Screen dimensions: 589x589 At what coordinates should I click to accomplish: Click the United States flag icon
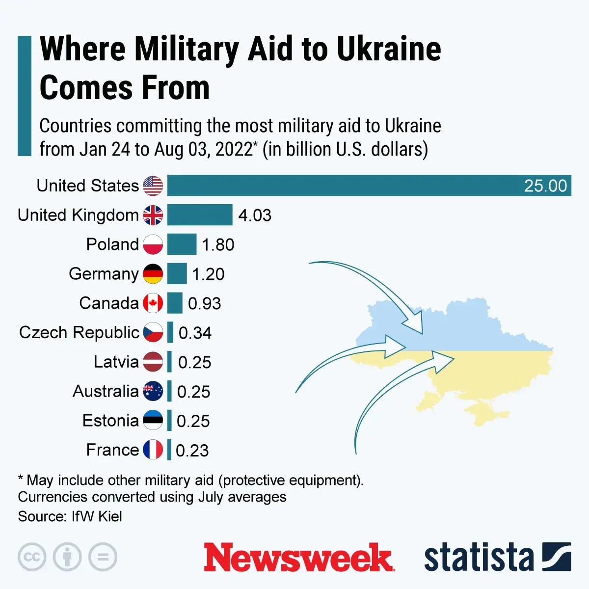153,186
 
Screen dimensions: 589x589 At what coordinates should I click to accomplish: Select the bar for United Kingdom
199,215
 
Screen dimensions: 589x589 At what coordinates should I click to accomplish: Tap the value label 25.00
545,186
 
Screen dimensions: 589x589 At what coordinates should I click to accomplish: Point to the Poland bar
182,244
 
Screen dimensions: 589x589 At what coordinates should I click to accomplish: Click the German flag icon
153,274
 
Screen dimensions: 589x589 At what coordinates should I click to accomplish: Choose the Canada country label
109,303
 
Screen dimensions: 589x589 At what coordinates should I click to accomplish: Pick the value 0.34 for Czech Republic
195,333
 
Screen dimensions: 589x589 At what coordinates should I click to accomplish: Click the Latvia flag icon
153,362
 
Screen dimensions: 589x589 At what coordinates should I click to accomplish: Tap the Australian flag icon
153,392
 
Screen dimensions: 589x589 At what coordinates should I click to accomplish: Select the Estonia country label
110,421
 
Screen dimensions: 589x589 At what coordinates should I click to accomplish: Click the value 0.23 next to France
192,450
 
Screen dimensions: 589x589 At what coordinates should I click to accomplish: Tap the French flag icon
153,450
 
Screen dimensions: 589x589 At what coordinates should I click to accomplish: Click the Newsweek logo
298,558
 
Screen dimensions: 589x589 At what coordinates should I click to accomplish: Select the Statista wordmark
479,558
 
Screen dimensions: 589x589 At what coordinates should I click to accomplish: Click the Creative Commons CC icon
32,557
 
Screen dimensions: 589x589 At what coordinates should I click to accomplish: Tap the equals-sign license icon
103,557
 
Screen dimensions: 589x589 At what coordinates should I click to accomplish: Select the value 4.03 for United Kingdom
255,215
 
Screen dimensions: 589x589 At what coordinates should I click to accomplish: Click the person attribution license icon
67,557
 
